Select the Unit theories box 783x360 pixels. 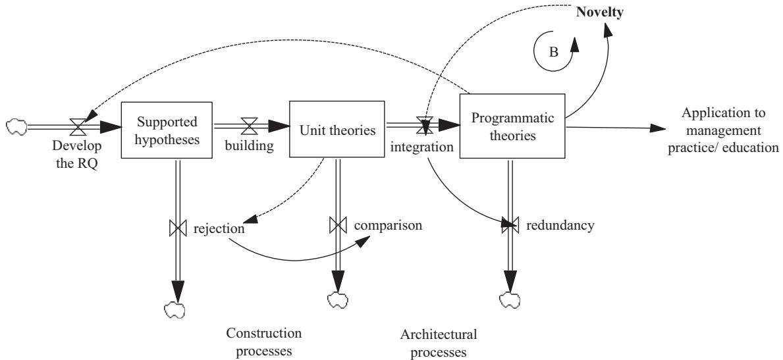click(337, 130)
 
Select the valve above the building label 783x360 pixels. click(250, 123)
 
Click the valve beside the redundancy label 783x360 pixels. click(509, 226)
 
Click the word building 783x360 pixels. click(250, 145)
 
